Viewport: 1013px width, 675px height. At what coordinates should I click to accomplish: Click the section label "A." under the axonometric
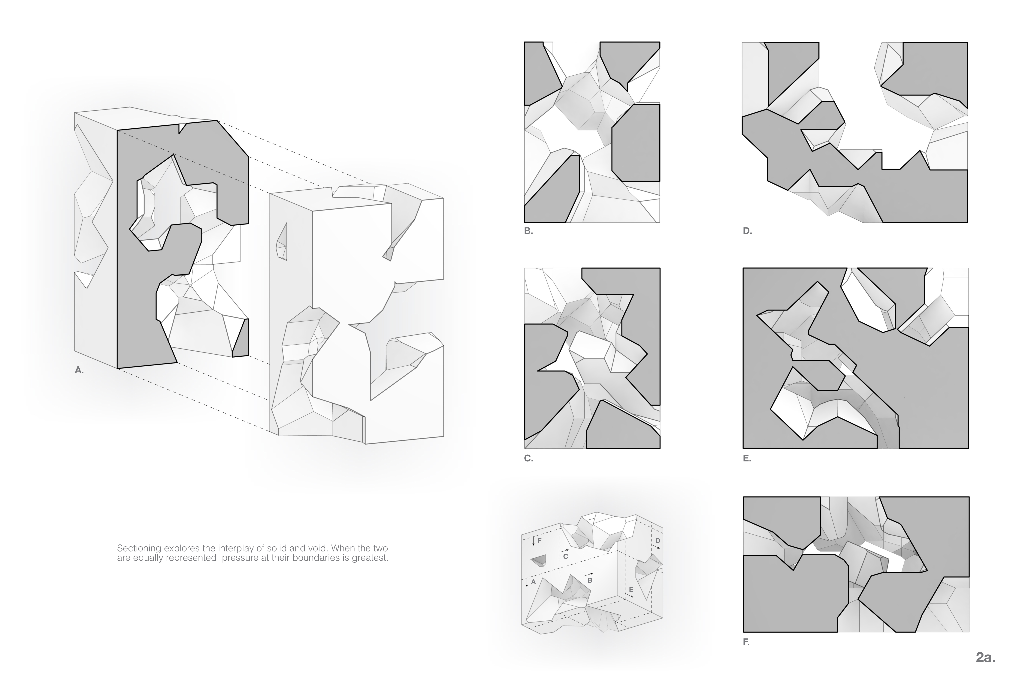tap(79, 370)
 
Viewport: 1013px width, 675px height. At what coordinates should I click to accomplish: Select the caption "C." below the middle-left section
tap(528, 458)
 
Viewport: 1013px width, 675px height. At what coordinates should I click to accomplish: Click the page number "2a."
tap(985, 657)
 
